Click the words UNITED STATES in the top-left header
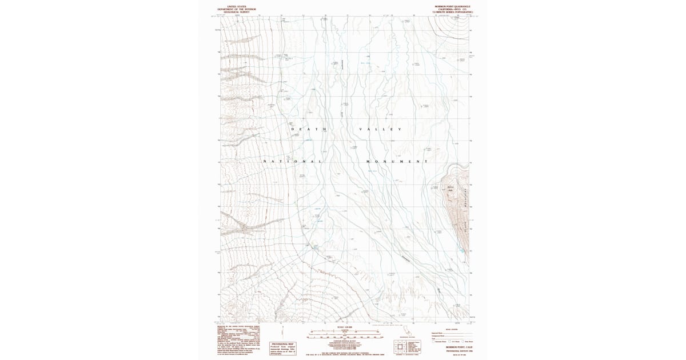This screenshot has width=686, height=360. tap(237, 6)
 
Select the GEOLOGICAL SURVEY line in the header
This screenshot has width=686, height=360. tap(237, 12)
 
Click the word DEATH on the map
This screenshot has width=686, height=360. tap(309, 129)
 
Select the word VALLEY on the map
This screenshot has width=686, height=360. tap(380, 129)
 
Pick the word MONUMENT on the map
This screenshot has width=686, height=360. tap(397, 162)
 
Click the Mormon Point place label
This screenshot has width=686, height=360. tap(450, 188)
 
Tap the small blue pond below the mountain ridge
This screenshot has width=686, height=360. tap(461, 250)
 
